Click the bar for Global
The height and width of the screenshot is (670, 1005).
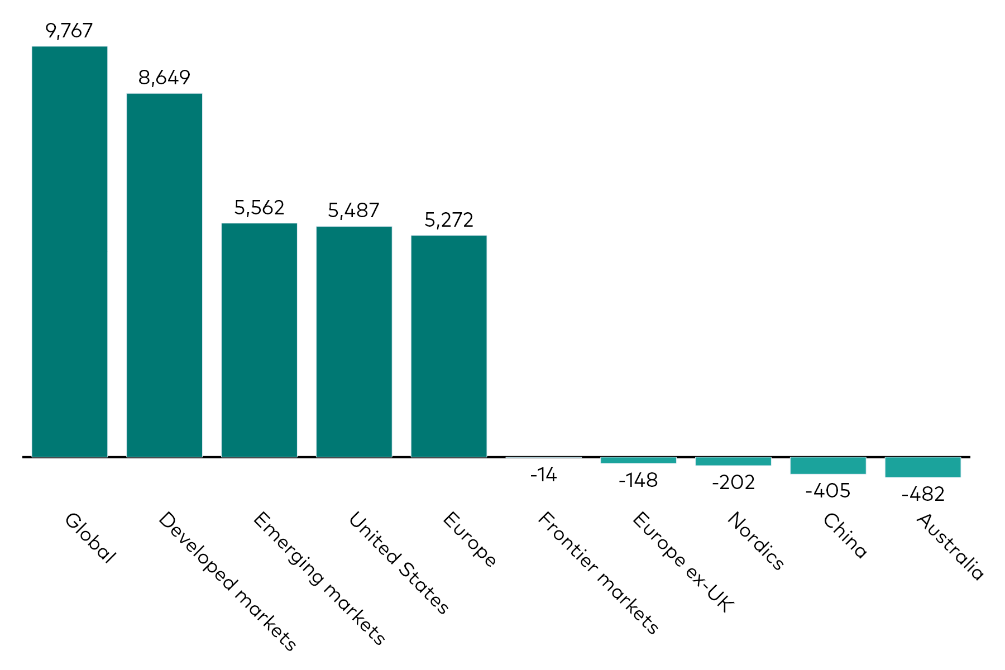pyautogui.click(x=70, y=251)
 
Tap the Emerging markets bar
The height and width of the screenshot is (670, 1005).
pyautogui.click(x=259, y=340)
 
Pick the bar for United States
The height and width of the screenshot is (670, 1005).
pyautogui.click(x=354, y=342)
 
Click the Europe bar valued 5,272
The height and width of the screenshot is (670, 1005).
pyautogui.click(x=449, y=346)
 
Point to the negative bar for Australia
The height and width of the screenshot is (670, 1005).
pyautogui.click(x=922, y=467)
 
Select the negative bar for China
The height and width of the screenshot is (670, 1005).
pyautogui.click(x=828, y=466)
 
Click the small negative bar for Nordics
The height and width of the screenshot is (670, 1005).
pyautogui.click(x=733, y=461)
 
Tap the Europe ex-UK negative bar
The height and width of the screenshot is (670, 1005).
pyautogui.click(x=638, y=460)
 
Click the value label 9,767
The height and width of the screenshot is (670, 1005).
pyautogui.click(x=69, y=31)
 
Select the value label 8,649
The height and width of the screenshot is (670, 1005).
pyautogui.click(x=164, y=78)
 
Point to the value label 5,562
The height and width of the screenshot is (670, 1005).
pyautogui.click(x=259, y=208)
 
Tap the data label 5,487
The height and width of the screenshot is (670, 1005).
pyautogui.click(x=354, y=210)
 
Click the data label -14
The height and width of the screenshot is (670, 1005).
pyautogui.click(x=543, y=475)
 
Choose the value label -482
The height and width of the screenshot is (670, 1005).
pyautogui.click(x=923, y=494)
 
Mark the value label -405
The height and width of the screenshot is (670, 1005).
pyautogui.click(x=828, y=491)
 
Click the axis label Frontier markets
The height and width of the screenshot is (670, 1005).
pyautogui.click(x=598, y=573)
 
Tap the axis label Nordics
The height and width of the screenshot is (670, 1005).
pyautogui.click(x=755, y=541)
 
